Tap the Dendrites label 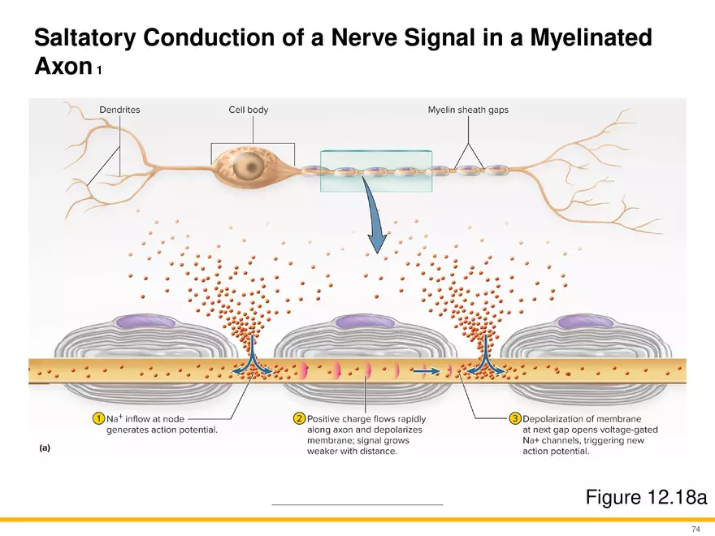click(x=119, y=110)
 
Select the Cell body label click(x=249, y=110)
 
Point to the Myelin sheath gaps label click(x=468, y=110)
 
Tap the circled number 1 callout click(x=97, y=418)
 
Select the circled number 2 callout click(x=299, y=418)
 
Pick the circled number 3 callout click(x=514, y=418)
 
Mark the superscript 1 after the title click(x=99, y=71)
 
